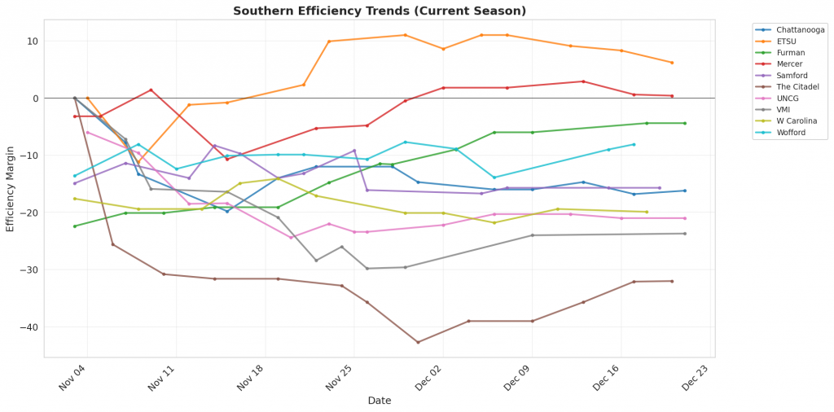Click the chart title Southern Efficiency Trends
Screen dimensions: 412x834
click(380, 11)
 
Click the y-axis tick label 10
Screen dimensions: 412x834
click(32, 42)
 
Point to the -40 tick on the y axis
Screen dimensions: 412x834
click(29, 327)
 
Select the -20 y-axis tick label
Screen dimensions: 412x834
click(29, 213)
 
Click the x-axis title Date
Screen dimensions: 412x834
click(380, 401)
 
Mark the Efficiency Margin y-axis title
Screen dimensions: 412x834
click(11, 187)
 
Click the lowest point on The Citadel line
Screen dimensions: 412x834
click(418, 342)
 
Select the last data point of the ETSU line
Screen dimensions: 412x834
click(672, 63)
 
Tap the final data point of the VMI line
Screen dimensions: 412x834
click(684, 234)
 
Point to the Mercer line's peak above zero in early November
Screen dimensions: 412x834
click(151, 90)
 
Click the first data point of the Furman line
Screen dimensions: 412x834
click(74, 226)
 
